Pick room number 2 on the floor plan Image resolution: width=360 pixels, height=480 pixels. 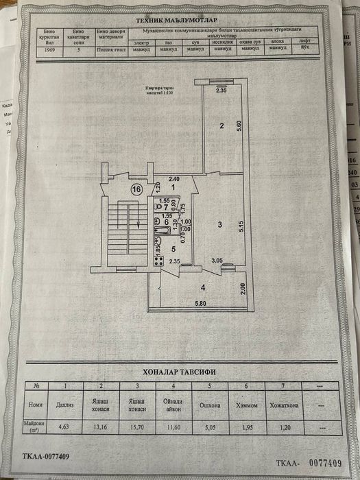pyautogui.click(x=221, y=125)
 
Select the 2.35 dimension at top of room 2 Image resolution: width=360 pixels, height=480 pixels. pyautogui.click(x=221, y=90)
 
